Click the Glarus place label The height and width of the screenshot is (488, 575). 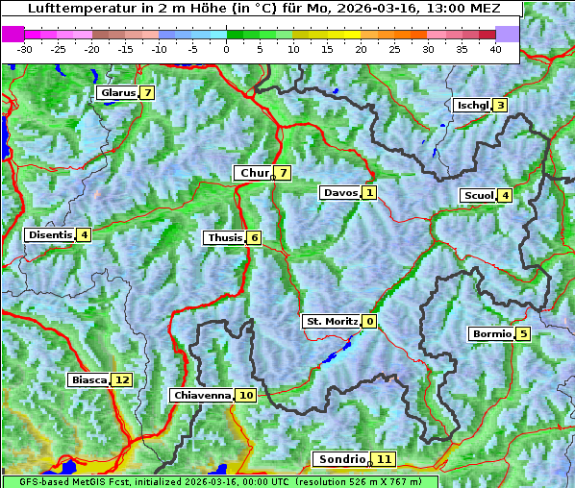(115, 93)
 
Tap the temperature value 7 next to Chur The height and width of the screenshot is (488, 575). (284, 173)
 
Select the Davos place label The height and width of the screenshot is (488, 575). (339, 193)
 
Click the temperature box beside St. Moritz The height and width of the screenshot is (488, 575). (370, 322)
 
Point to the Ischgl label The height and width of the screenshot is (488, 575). (472, 106)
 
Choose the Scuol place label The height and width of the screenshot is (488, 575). (478, 196)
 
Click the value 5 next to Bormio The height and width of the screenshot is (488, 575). (523, 334)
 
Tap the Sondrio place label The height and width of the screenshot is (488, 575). (342, 459)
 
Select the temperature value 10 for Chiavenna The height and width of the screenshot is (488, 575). (246, 395)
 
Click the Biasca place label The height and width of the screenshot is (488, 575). (88, 380)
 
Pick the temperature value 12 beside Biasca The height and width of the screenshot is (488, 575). (121, 380)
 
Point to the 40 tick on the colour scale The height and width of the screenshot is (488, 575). (495, 48)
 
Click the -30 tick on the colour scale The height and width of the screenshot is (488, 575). (25, 48)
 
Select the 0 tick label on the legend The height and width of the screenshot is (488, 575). (226, 48)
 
